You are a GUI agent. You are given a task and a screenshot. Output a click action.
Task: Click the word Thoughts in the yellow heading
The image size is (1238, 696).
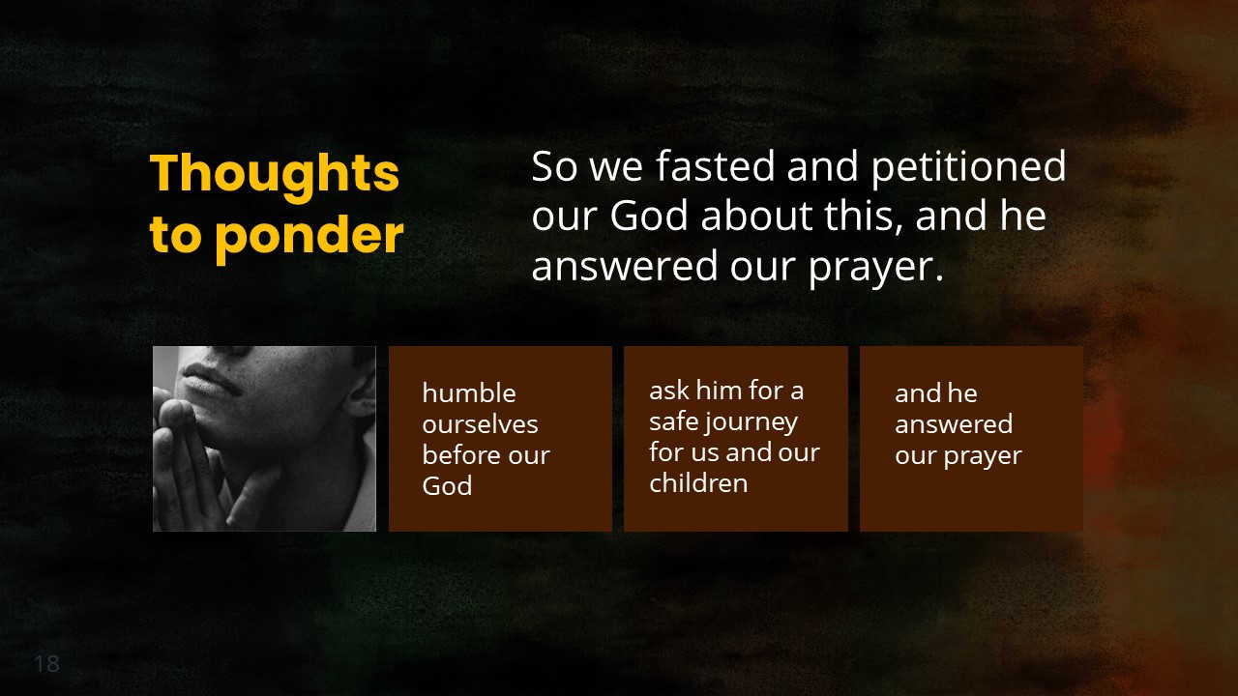[275, 174]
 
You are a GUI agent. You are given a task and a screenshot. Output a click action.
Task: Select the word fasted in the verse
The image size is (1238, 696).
[716, 166]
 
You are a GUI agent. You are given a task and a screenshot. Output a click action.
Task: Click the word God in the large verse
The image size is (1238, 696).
[650, 216]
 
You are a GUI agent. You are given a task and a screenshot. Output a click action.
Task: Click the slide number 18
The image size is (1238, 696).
[46, 664]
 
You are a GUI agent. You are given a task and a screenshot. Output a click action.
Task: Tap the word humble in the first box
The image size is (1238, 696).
[469, 393]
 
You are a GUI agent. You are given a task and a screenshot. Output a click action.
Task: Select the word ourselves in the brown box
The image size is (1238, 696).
[480, 424]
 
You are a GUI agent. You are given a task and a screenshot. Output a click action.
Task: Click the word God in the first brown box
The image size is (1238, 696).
[447, 486]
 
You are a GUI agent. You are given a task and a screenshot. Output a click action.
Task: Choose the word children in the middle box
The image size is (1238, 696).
[698, 483]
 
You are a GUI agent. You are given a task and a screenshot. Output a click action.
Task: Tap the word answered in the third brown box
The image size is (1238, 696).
[953, 424]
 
